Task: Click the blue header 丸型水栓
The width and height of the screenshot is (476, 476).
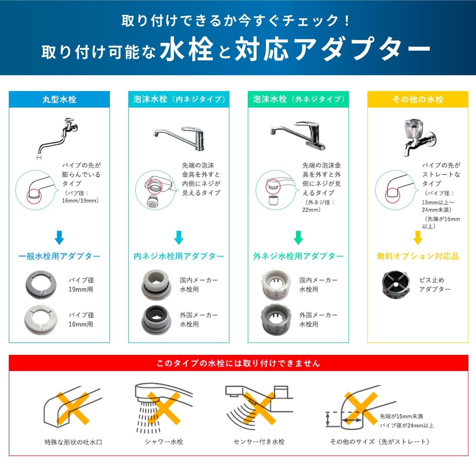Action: coord(59,100)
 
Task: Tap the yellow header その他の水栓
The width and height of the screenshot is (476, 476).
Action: coord(418,100)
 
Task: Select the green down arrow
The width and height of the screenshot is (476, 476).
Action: coord(298,238)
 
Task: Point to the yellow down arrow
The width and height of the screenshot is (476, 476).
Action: coord(418,238)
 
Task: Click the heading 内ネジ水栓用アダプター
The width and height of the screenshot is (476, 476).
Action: coord(178,256)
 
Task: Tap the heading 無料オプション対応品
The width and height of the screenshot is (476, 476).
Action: coord(418,256)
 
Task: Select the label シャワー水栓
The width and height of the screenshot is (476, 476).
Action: coord(164,441)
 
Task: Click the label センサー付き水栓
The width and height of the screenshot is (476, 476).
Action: coord(259,441)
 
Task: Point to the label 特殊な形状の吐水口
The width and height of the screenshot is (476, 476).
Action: coord(73,442)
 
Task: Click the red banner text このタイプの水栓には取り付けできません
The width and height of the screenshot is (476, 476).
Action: coord(238,363)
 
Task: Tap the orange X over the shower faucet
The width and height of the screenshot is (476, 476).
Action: coord(164,409)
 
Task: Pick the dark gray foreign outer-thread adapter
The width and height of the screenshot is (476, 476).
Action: coord(276,319)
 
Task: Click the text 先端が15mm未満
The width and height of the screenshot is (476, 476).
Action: coord(401,416)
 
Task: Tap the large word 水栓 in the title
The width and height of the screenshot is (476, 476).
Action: coord(187,49)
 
